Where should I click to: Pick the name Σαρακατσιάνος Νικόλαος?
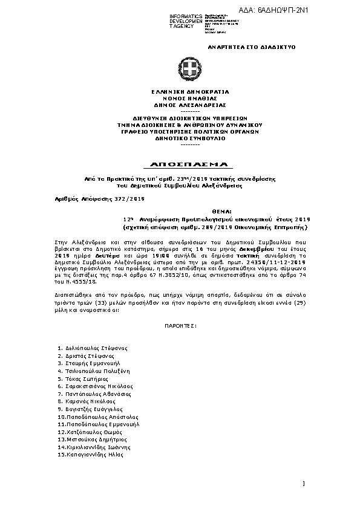(x=99, y=386)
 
